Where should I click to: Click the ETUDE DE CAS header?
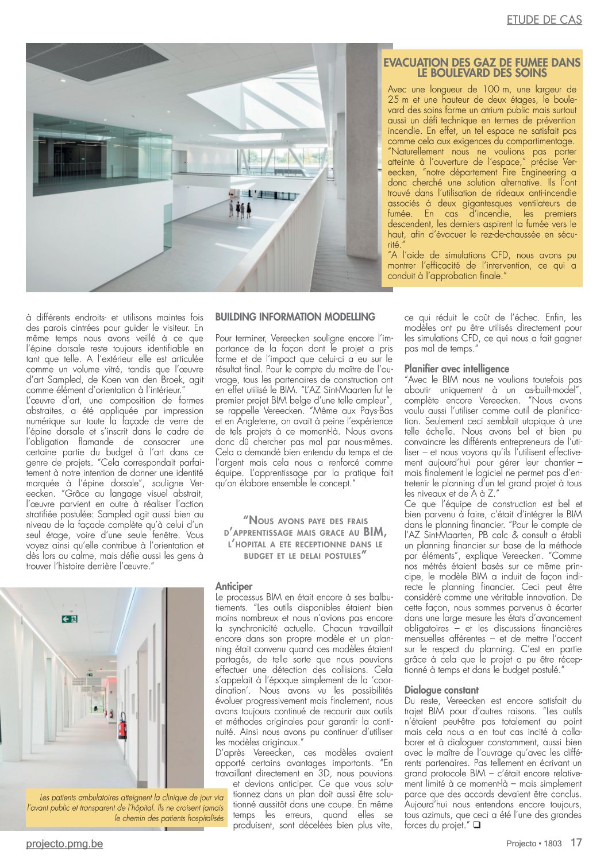[544, 20]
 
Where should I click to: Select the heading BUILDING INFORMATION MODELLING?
[295, 317]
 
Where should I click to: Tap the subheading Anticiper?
[234, 586]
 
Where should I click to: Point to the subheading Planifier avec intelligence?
[457, 369]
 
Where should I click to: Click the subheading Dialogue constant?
[441, 690]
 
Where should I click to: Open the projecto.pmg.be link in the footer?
[64, 843]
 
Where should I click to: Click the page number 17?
[576, 843]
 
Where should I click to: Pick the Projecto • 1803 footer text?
[533, 843]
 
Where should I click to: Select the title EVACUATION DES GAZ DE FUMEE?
[482, 68]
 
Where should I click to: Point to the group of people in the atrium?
[241, 208]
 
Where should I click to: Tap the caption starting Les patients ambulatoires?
[126, 807]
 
